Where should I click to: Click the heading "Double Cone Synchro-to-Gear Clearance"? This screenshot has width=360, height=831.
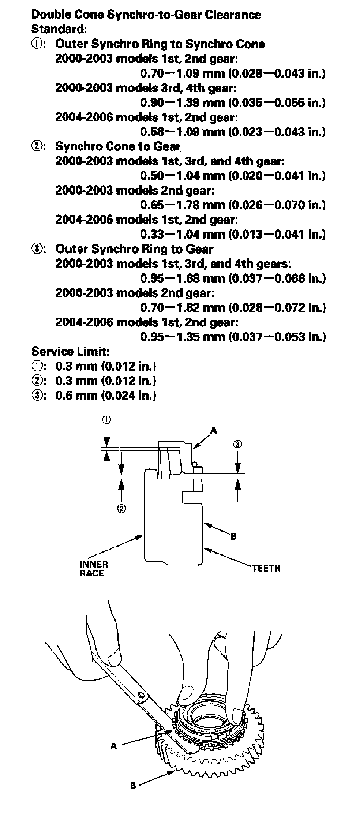tap(146, 15)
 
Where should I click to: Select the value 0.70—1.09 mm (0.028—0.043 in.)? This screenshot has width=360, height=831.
tap(233, 73)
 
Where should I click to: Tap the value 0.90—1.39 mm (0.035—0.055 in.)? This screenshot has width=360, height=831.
tap(233, 102)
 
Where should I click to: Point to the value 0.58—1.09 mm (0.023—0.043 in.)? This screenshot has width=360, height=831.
tap(233, 131)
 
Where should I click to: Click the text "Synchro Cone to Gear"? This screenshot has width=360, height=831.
tap(118, 146)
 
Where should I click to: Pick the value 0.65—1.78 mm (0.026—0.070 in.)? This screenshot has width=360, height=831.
tap(233, 205)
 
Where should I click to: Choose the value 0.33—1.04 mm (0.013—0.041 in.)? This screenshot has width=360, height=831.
tap(233, 234)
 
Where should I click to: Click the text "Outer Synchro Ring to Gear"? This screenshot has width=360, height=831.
tap(134, 249)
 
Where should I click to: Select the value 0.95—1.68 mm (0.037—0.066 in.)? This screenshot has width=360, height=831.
tap(233, 278)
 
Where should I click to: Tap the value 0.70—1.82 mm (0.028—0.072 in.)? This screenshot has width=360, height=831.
tap(233, 307)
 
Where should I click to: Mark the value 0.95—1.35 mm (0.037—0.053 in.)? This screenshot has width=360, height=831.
tap(233, 337)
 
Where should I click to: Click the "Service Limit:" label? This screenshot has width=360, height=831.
tap(70, 352)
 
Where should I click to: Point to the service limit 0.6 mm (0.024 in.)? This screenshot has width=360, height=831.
tap(106, 395)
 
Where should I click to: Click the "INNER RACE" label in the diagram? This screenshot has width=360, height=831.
tap(94, 569)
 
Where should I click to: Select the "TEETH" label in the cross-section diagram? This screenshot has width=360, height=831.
tap(266, 568)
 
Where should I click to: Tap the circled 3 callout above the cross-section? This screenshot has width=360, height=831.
tap(238, 444)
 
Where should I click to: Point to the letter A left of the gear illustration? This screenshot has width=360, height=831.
tap(114, 746)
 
